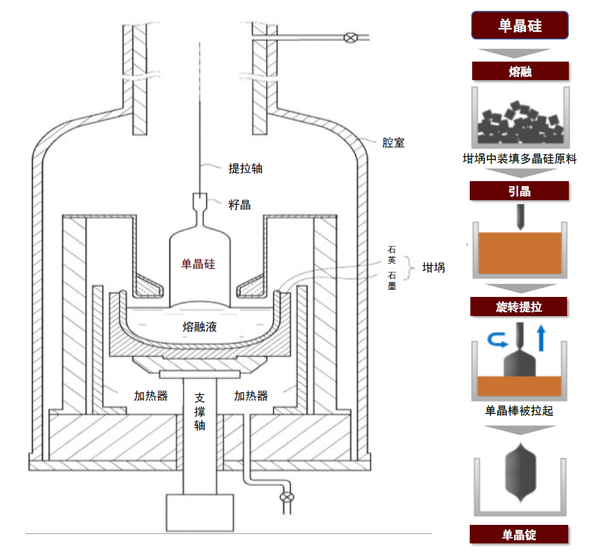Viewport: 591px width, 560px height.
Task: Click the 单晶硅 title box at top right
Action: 519,25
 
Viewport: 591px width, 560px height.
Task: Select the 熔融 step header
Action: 519,71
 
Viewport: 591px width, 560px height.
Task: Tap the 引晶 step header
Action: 519,191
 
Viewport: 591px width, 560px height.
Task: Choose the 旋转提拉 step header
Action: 519,306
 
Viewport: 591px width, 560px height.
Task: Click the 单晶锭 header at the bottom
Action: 519,534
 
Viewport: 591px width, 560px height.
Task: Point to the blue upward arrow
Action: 542,338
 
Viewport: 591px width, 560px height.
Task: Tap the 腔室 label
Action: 393,143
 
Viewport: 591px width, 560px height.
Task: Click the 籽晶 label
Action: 239,205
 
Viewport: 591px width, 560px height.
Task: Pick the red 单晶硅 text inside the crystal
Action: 198,264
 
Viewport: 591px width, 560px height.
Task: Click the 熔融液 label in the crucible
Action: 199,327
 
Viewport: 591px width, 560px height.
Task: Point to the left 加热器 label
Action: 151,396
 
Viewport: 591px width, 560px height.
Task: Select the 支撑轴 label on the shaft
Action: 199,411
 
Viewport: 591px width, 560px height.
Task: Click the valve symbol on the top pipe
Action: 350,38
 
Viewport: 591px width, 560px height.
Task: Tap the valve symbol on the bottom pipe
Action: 286,497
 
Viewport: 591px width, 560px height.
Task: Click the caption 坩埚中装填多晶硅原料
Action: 519,158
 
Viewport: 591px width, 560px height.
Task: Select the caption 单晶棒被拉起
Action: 519,410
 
